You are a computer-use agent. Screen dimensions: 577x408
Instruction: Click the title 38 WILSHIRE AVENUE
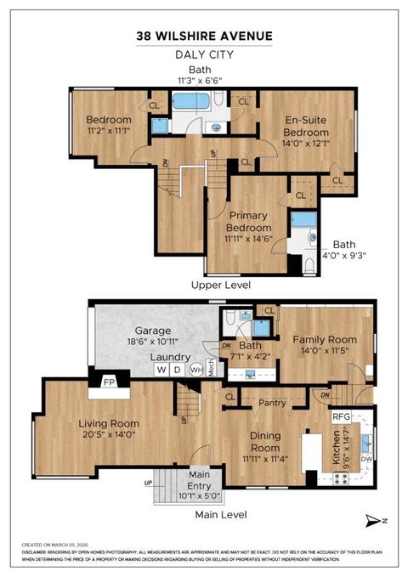204,36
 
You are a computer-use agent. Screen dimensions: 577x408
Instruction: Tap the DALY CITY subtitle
204,54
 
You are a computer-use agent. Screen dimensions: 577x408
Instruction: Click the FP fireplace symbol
109,383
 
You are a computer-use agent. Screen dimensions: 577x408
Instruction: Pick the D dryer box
177,370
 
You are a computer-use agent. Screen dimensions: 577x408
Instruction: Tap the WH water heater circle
195,370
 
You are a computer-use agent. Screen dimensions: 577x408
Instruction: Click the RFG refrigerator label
342,417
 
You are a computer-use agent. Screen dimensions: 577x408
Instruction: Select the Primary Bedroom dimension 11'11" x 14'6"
248,239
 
